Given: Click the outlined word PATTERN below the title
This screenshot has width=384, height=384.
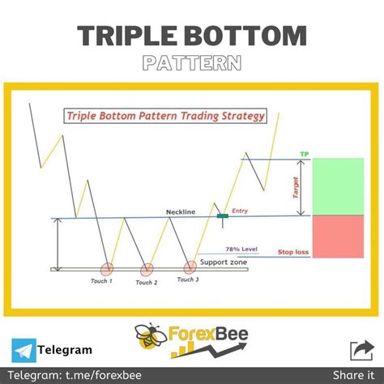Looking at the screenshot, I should click(191, 63).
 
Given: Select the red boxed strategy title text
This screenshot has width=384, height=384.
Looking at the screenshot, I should click(165, 116).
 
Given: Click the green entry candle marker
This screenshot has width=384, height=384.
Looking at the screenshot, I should click(222, 215).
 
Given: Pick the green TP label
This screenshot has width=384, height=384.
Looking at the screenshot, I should click(304, 153).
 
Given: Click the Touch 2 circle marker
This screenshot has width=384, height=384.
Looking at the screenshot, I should click(147, 269).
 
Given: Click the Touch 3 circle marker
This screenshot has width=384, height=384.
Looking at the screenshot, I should click(191, 267).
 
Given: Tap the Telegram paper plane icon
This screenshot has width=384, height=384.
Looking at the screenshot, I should click(24, 350).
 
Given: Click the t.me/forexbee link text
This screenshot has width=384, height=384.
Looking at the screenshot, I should click(86, 373).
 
